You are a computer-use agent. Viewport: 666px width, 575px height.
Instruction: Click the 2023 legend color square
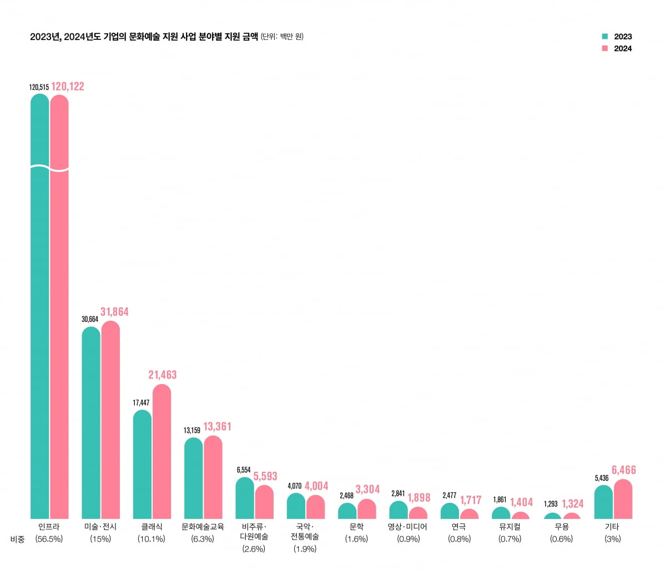[605, 37]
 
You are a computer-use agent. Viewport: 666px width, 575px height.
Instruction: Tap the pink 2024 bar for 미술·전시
[110, 422]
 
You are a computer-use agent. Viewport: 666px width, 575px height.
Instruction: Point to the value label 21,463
[162, 375]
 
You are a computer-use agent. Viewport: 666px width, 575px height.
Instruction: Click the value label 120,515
[39, 87]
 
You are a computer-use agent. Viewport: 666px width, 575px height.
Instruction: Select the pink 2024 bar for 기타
[623, 500]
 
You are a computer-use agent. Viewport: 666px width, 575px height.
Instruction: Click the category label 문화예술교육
[203, 527]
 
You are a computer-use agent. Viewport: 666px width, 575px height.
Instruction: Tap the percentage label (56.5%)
[49, 539]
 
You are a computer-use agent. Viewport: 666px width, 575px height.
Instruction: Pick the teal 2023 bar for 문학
[347, 511]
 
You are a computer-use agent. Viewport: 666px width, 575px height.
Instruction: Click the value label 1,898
[419, 497]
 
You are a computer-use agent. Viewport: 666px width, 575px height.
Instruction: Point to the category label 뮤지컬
[509, 527]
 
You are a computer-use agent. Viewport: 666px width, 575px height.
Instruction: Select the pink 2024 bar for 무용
[572, 516]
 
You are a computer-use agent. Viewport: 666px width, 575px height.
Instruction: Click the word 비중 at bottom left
[18, 539]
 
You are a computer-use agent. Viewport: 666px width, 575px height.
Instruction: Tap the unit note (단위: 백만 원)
[282, 37]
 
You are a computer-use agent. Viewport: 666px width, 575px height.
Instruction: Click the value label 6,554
[244, 470]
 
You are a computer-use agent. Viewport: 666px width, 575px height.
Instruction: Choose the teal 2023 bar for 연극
[450, 511]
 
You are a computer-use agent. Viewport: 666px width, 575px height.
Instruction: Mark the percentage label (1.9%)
[305, 549]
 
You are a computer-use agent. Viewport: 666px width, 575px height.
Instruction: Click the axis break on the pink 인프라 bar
[59, 168]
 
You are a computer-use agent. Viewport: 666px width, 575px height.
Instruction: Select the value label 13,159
[193, 430]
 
